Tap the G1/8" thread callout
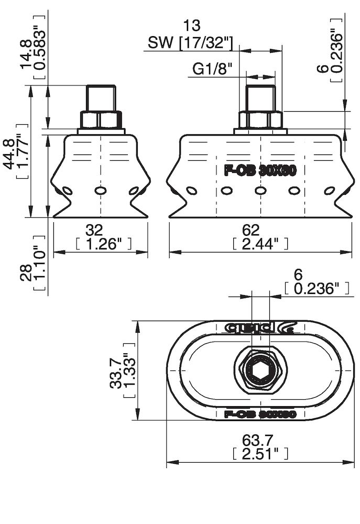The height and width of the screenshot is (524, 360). pyautogui.click(x=212, y=69)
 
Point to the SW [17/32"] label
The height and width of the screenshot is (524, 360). pyautogui.click(x=190, y=43)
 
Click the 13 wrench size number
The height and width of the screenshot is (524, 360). pyautogui.click(x=191, y=25)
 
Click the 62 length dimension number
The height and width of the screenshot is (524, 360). pyautogui.click(x=251, y=230)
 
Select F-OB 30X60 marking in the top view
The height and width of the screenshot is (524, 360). pyautogui.click(x=260, y=414)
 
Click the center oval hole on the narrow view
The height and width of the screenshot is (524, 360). pyautogui.click(x=100, y=191)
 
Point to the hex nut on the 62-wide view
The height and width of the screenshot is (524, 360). pyautogui.click(x=260, y=120)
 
